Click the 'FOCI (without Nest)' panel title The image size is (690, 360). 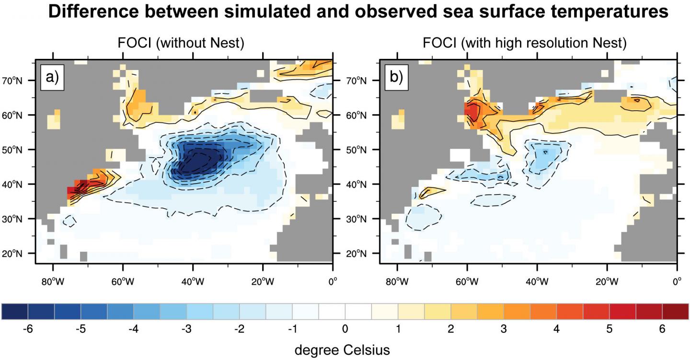pos(181,44)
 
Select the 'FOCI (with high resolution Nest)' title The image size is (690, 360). pos(525,44)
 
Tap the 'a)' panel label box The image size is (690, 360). pos(51,78)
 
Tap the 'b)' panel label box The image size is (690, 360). pos(395,78)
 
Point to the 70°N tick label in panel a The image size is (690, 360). pos(21,81)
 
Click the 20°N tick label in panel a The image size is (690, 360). pos(21,253)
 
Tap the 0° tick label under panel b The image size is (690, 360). pos(677,280)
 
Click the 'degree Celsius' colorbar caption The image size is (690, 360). pos(342,350)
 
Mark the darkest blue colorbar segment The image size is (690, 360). pos(15,312)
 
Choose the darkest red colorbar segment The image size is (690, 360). pos(675,312)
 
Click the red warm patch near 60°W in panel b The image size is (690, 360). pos(471,113)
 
